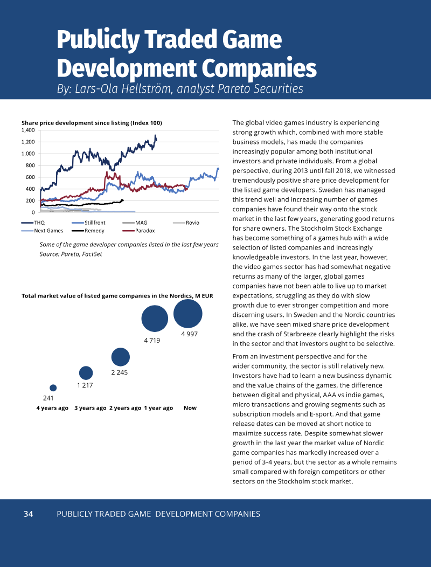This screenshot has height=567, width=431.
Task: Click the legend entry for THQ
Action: [33, 223]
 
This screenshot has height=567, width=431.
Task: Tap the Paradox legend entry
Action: [139, 231]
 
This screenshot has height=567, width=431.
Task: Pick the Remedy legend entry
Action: [88, 231]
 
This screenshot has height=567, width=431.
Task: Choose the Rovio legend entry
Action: [186, 223]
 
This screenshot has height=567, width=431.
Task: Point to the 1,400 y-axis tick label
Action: [28, 130]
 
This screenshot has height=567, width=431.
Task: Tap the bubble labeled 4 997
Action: [188, 314]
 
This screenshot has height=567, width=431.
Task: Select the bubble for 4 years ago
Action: [53, 388]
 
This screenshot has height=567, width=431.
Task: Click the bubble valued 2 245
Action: [120, 357]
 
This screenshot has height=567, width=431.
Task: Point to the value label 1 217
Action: [85, 385]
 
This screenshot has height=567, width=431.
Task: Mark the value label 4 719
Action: [152, 341]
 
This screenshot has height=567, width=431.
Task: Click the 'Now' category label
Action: [190, 408]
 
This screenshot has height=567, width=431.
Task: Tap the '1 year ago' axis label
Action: [158, 408]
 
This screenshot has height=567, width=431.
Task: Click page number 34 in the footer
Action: [28, 514]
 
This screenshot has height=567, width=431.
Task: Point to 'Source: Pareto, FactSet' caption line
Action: [71, 254]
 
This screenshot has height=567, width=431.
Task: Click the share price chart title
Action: [92, 123]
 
